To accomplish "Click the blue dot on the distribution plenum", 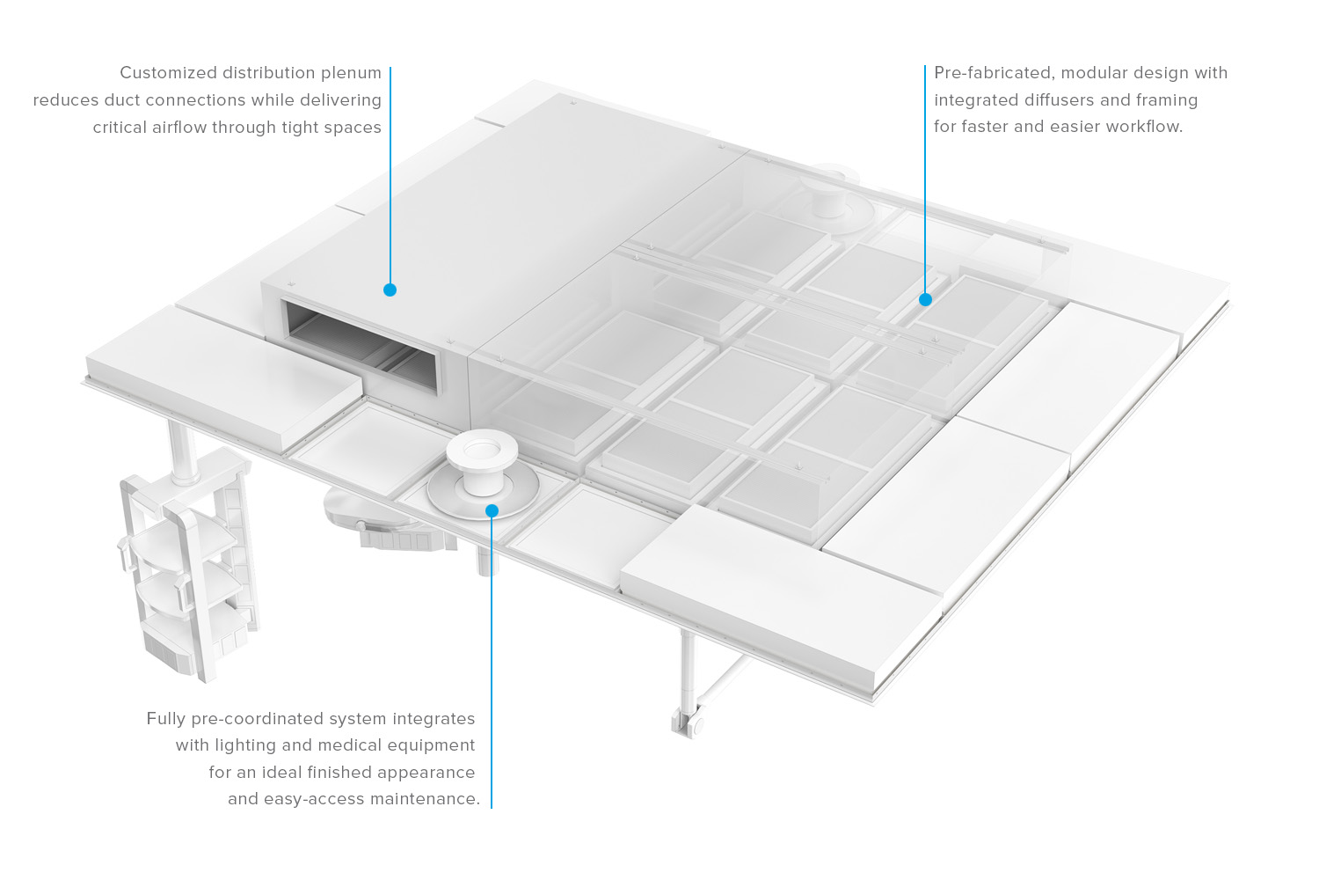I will click(x=390, y=290).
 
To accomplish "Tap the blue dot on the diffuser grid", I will click(x=925, y=299).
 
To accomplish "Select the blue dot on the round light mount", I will click(x=492, y=510).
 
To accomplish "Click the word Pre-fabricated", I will click(x=992, y=73).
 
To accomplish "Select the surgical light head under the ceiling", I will click(x=387, y=524).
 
